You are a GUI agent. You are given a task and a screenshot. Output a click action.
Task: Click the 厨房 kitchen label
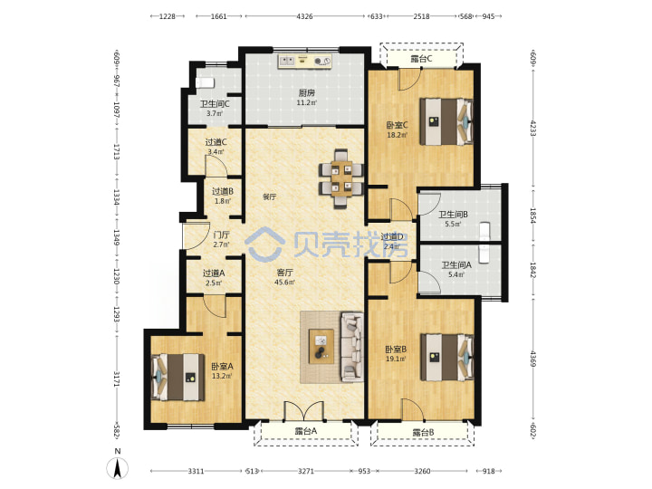306,92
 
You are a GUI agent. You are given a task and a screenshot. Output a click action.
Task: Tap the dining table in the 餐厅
341,178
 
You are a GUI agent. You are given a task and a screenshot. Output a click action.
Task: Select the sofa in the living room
352,347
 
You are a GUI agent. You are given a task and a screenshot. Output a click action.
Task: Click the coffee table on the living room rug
321,346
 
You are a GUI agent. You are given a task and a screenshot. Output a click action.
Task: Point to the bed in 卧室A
178,377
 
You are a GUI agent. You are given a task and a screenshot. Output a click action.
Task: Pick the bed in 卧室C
446,121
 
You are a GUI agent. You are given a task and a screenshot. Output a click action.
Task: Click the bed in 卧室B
447,357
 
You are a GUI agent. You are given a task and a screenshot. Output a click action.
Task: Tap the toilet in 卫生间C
205,82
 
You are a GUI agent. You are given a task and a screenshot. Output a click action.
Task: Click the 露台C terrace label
421,59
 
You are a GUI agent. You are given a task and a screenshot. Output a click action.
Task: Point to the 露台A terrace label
306,431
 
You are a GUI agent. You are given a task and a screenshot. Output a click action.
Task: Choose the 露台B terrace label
423,433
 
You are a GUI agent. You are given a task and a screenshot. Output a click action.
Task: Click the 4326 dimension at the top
304,16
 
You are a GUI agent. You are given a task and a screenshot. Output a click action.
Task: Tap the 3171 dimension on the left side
117,379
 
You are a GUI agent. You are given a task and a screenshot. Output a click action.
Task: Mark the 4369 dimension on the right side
533,359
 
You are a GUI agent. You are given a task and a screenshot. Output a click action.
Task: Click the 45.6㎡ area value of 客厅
284,283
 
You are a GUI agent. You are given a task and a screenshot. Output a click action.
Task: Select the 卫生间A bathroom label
456,264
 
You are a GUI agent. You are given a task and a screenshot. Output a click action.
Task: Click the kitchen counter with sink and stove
305,62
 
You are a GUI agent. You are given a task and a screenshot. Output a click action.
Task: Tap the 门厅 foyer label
221,235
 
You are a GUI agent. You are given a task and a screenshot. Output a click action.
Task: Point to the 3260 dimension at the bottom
422,471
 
